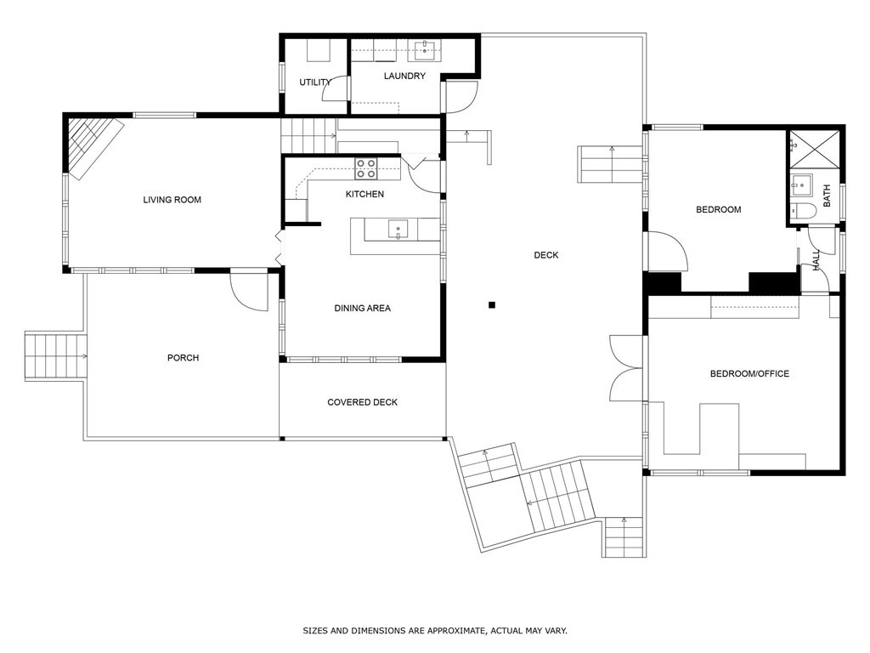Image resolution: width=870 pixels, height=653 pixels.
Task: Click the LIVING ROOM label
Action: click(x=172, y=200)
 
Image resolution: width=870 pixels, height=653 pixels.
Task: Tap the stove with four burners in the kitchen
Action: click(x=366, y=168)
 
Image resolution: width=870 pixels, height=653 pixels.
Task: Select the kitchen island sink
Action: click(x=398, y=228)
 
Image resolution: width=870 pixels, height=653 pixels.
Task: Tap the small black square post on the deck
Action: click(x=491, y=304)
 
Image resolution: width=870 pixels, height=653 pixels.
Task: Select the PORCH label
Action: click(x=183, y=358)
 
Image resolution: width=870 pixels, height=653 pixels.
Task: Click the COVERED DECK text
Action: click(x=362, y=402)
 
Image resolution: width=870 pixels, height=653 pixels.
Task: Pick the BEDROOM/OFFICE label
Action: click(x=749, y=373)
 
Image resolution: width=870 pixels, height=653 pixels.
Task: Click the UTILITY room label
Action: click(x=314, y=82)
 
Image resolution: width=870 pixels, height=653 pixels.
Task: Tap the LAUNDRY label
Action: click(x=404, y=76)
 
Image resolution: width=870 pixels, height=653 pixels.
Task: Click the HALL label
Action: click(x=816, y=260)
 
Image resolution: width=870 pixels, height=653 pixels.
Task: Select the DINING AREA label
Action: click(x=362, y=308)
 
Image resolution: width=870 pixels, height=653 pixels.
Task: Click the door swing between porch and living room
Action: click(x=247, y=290)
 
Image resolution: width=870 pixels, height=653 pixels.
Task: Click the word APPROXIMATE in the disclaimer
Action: click(x=450, y=631)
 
